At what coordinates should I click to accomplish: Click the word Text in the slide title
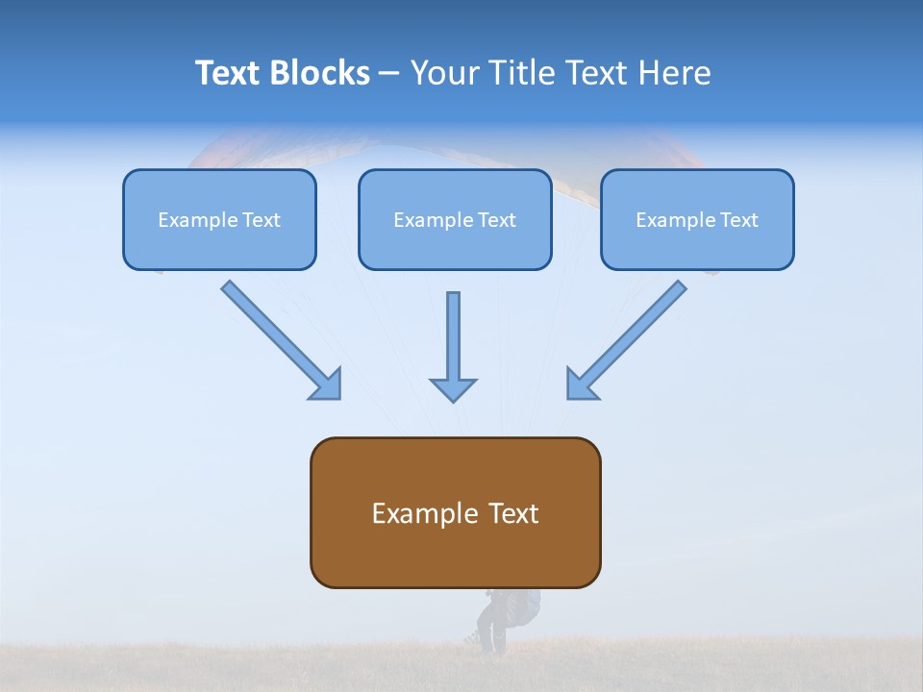pos(228,73)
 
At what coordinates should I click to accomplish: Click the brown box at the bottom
pos(455,553)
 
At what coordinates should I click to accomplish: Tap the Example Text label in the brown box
pos(455,513)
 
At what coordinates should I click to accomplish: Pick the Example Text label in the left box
pos(219,220)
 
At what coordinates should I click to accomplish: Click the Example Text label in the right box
pos(697,220)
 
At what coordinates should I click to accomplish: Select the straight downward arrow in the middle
pos(453,336)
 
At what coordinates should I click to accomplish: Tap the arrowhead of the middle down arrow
pos(453,389)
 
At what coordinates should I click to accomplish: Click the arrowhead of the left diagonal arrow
pos(327,384)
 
